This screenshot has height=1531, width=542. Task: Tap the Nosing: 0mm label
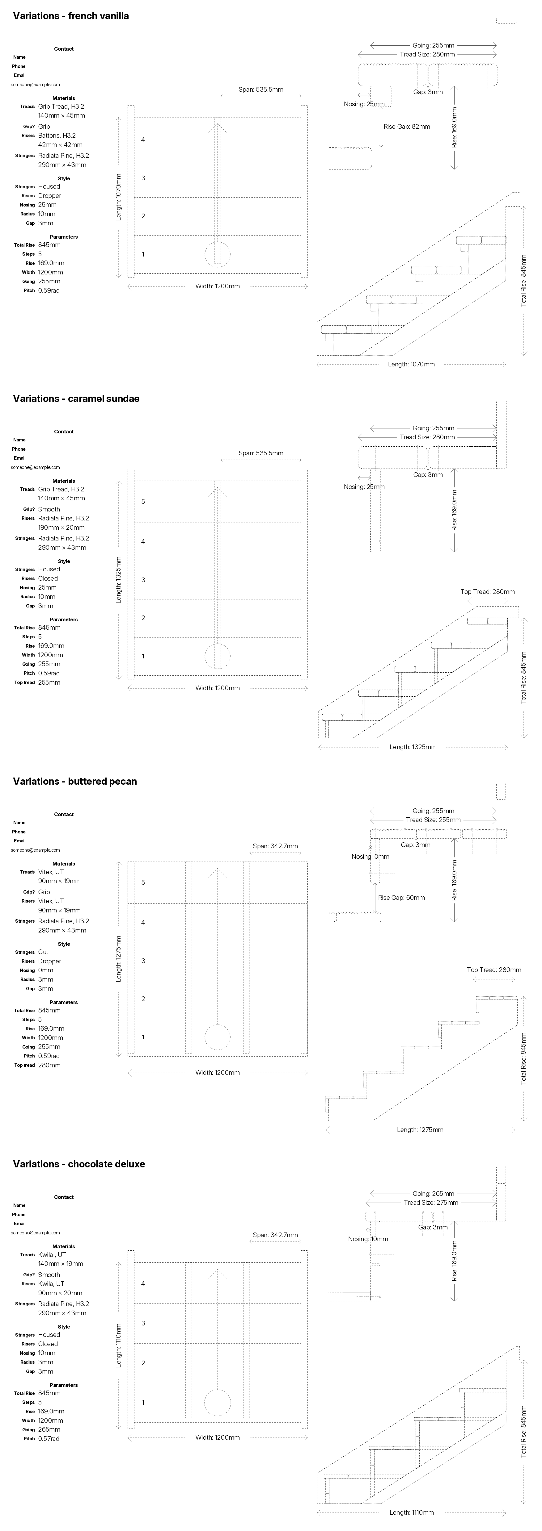pyautogui.click(x=370, y=857)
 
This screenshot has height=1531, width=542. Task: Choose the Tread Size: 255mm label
pyautogui.click(x=433, y=820)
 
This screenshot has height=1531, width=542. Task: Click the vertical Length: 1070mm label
pyautogui.click(x=118, y=197)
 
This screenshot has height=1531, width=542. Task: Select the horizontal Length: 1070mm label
pyautogui.click(x=411, y=364)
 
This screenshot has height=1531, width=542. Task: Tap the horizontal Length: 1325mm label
pyautogui.click(x=413, y=747)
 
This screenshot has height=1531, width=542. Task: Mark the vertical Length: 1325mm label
pyautogui.click(x=118, y=580)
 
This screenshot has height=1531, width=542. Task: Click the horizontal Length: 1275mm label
pyautogui.click(x=420, y=1130)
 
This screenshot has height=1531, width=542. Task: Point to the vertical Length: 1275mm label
pyautogui.click(x=118, y=959)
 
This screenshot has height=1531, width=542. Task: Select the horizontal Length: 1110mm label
pyautogui.click(x=411, y=1512)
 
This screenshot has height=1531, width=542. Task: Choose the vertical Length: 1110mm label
pyautogui.click(x=118, y=1345)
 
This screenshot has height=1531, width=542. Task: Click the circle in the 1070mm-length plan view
pyautogui.click(x=217, y=254)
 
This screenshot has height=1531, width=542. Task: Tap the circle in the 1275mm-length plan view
pyautogui.click(x=217, y=1037)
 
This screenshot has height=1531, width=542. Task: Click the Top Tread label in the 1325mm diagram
pyautogui.click(x=487, y=591)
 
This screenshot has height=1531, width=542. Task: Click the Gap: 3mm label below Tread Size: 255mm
pyautogui.click(x=415, y=845)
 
